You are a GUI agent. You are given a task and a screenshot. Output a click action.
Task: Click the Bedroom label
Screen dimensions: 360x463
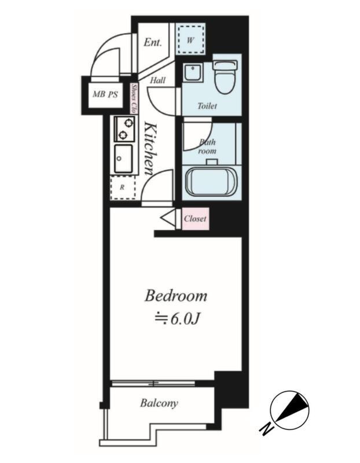tap(176, 296)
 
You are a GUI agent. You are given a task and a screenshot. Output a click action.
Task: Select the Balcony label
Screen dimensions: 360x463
tap(159, 403)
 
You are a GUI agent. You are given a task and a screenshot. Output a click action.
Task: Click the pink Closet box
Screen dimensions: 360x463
tap(196, 219)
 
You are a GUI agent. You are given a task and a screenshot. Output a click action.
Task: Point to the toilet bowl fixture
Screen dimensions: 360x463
tap(226, 77)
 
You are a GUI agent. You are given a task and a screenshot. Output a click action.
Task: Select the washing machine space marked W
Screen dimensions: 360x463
tap(190, 39)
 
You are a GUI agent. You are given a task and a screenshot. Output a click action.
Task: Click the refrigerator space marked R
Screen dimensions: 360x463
tap(123, 188)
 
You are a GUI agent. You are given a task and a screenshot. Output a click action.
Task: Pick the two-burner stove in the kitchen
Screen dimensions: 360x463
tap(124, 129)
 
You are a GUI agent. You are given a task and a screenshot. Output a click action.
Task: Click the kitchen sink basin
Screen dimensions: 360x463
tap(124, 159)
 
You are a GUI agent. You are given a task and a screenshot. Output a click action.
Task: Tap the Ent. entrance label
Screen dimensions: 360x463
tap(153, 42)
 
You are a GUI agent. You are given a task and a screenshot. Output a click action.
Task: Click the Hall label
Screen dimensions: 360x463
tap(157, 80)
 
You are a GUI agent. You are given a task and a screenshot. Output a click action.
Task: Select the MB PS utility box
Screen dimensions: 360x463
tap(105, 94)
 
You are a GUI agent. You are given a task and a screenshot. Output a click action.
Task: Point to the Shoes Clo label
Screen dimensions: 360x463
tap(134, 98)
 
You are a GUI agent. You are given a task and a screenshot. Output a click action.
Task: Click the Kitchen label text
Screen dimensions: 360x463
tap(151, 149)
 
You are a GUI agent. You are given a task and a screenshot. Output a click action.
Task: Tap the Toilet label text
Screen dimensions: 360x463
tap(207, 106)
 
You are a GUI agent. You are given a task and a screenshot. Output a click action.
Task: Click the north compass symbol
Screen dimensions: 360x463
tap(290, 410)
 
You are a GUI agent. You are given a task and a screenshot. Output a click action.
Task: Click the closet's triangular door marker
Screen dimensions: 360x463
tap(168, 219)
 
